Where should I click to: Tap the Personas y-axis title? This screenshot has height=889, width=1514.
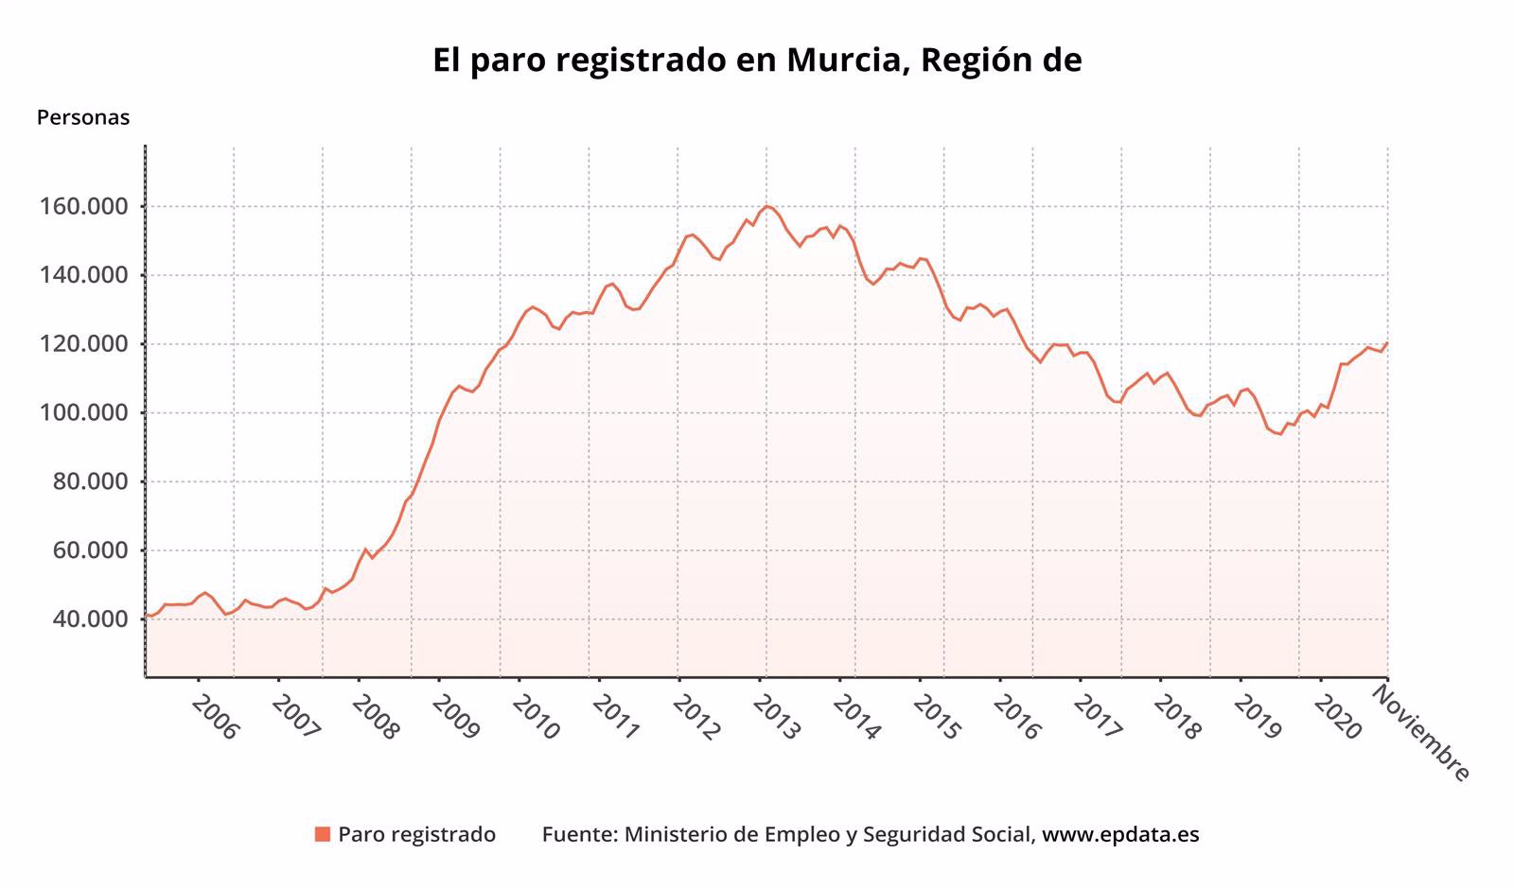[x=83, y=118]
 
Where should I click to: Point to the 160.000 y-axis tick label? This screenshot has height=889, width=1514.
[x=82, y=206]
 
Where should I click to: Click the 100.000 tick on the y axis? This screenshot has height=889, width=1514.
[x=82, y=413]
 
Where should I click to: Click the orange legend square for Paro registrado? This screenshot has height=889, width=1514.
[x=323, y=834]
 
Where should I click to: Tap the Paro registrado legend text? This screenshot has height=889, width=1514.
[x=416, y=834]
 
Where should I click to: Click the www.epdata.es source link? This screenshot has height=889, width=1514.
[x=1120, y=834]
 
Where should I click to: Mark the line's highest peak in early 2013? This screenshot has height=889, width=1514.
[x=766, y=206]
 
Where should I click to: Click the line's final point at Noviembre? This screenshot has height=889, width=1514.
[x=1387, y=343]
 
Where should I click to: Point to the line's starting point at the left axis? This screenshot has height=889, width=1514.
[x=146, y=616]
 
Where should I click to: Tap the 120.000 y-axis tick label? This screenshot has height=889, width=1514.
[x=82, y=344]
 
